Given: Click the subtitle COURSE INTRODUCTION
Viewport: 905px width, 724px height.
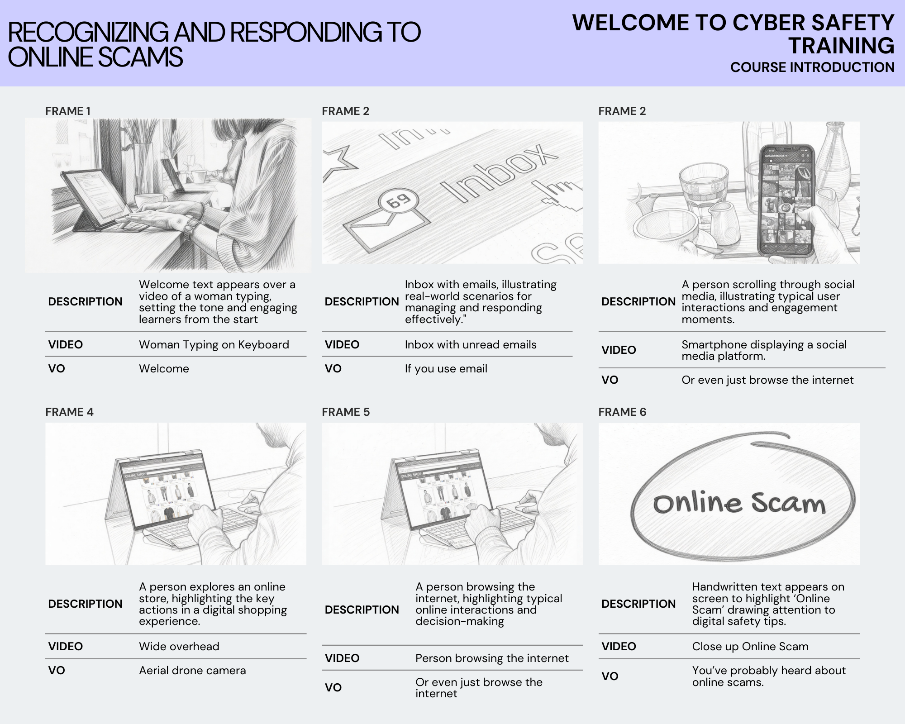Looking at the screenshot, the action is tap(812, 67).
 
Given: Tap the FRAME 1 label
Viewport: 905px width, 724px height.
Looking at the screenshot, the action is tap(68, 111).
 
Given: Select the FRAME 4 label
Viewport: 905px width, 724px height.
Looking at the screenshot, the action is tap(69, 412).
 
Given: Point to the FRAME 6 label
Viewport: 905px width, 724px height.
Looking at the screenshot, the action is tap(622, 412).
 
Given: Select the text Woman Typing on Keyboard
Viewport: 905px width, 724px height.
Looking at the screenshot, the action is tap(214, 345).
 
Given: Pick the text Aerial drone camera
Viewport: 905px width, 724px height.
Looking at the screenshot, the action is tap(192, 670).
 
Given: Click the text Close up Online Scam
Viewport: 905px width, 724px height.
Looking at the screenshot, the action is tap(750, 647).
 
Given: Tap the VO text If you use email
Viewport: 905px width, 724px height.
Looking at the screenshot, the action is tap(446, 369).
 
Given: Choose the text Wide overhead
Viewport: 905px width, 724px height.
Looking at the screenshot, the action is tap(179, 647).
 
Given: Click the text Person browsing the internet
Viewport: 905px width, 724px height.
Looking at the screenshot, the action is tap(492, 658).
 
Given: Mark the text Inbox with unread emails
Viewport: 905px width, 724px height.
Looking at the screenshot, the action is tap(471, 345).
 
